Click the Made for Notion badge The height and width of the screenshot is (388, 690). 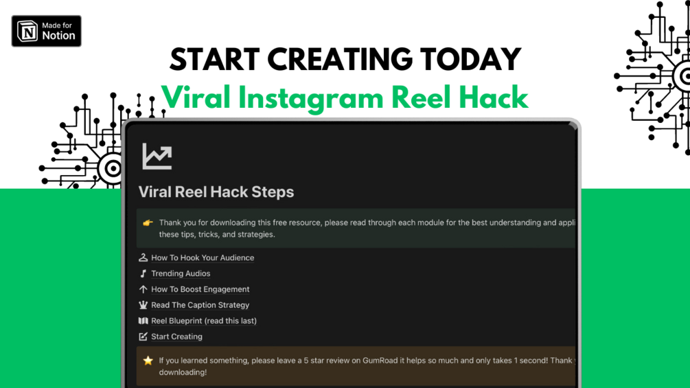(x=46, y=31)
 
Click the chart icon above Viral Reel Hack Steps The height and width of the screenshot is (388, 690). (x=157, y=157)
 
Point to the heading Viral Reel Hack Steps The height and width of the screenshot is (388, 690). (x=216, y=192)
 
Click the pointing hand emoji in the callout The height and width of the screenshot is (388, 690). (x=148, y=222)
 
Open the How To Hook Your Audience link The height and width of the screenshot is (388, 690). (x=203, y=258)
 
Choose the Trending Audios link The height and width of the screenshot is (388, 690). (x=181, y=273)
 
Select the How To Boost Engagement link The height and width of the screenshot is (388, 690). (x=200, y=289)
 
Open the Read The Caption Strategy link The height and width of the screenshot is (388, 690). (x=200, y=305)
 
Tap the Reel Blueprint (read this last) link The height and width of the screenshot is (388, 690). (x=203, y=321)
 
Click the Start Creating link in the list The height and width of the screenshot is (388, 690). (x=176, y=336)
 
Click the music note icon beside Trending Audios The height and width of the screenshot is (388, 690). (x=143, y=273)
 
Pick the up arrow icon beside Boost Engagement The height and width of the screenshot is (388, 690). (x=143, y=289)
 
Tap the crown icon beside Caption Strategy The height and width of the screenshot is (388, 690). (x=143, y=305)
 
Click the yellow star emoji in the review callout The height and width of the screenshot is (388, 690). (x=148, y=361)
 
